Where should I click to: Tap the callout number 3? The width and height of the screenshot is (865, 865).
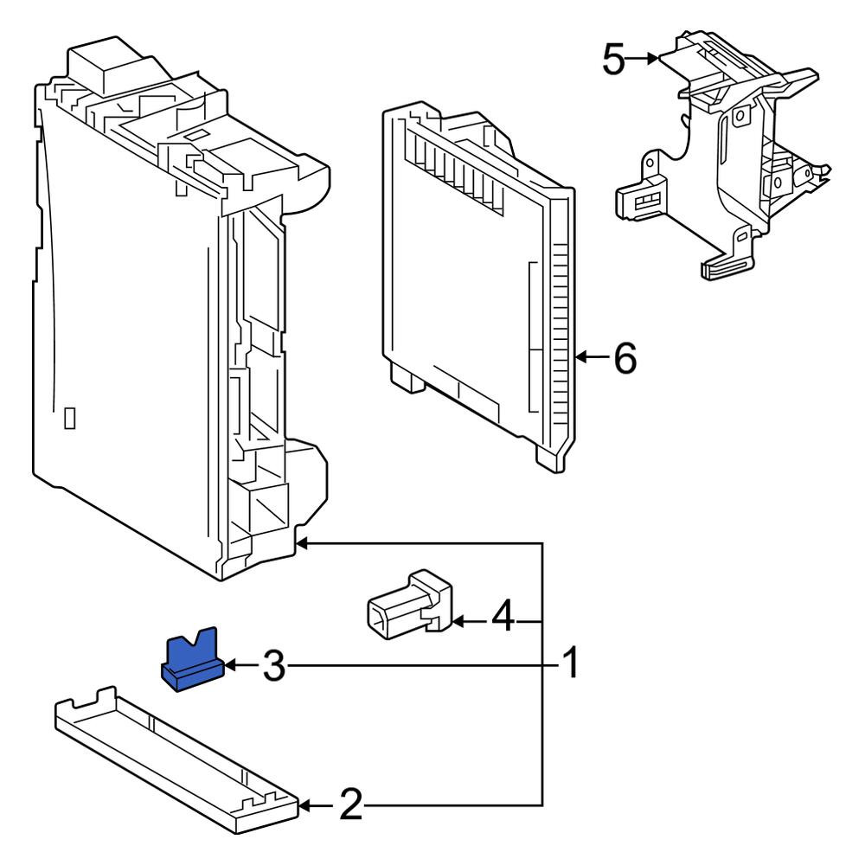[x=273, y=666]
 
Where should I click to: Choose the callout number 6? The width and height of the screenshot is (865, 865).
[x=625, y=357]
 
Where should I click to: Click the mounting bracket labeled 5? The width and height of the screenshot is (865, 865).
[x=727, y=156]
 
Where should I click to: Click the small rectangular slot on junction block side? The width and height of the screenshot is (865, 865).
[x=70, y=418]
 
